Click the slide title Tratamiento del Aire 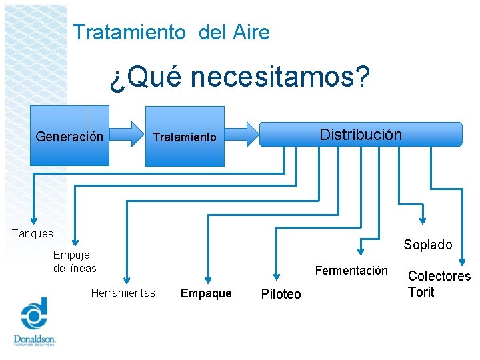171,32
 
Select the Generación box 69,136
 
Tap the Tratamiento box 185,137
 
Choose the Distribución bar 360,134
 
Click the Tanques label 32,233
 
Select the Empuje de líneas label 75,261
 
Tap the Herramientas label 123,293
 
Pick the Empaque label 206,293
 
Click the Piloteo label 281,294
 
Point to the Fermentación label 351,271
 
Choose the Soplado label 427,245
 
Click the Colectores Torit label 439,284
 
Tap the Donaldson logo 34,323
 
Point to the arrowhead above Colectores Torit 463,262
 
